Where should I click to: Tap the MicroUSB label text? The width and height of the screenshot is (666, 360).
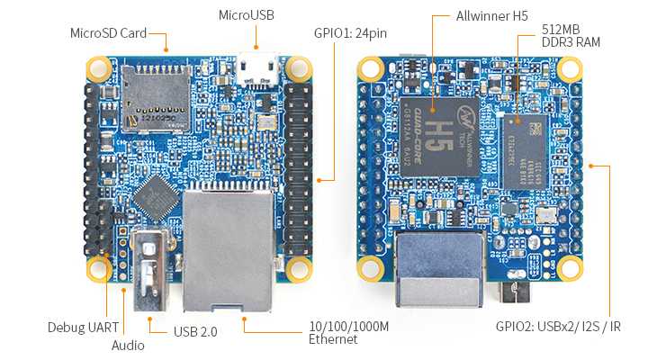coord(246,15)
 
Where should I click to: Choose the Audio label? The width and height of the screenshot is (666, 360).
coord(127,344)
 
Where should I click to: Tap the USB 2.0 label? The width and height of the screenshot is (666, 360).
coord(195,331)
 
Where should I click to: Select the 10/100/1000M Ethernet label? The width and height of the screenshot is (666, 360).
coord(348,332)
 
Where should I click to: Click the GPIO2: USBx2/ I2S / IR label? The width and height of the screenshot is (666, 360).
coord(558,326)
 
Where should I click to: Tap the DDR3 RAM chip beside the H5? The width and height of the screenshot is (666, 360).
coord(526,150)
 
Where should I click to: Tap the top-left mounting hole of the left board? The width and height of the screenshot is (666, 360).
coord(97,68)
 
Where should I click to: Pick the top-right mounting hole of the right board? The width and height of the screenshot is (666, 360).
coord(568,68)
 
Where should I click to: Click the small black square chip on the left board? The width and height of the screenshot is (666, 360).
coord(160,197)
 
